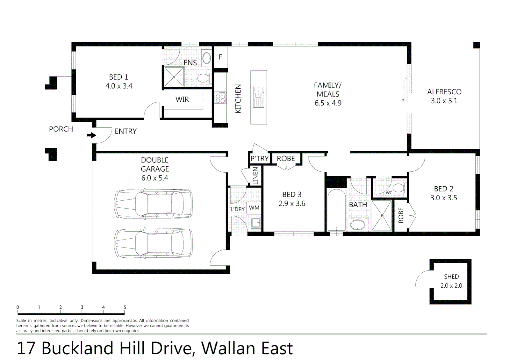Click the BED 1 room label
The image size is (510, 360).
(x=118, y=77)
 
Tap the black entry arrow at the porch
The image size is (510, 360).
(x=91, y=135)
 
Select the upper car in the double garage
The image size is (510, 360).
(x=153, y=204)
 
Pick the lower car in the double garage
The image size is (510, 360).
(x=153, y=243)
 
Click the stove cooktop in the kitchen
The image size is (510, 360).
(x=220, y=98)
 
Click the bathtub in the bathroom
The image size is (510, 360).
(x=336, y=210)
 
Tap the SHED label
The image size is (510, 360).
(x=451, y=277)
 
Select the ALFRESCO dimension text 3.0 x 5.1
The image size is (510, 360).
(x=444, y=101)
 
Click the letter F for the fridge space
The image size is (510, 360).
(x=220, y=57)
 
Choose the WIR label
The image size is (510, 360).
(x=182, y=99)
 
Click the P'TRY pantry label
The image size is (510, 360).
(x=260, y=159)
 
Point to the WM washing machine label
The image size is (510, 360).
(x=254, y=208)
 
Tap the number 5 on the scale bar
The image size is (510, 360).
(x=125, y=307)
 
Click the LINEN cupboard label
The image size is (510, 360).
(x=256, y=176)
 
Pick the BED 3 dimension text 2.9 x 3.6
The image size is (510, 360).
(x=292, y=204)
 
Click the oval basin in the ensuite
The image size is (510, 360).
(x=207, y=58)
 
